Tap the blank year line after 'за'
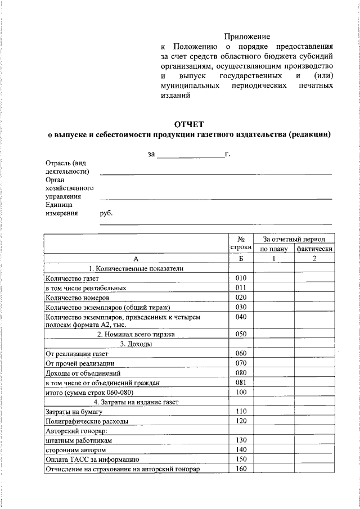[190, 154]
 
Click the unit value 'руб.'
[106, 214]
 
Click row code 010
[241, 278]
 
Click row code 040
[241, 317]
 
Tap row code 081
[241, 382]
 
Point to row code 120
[241, 421]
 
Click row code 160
[241, 469]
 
